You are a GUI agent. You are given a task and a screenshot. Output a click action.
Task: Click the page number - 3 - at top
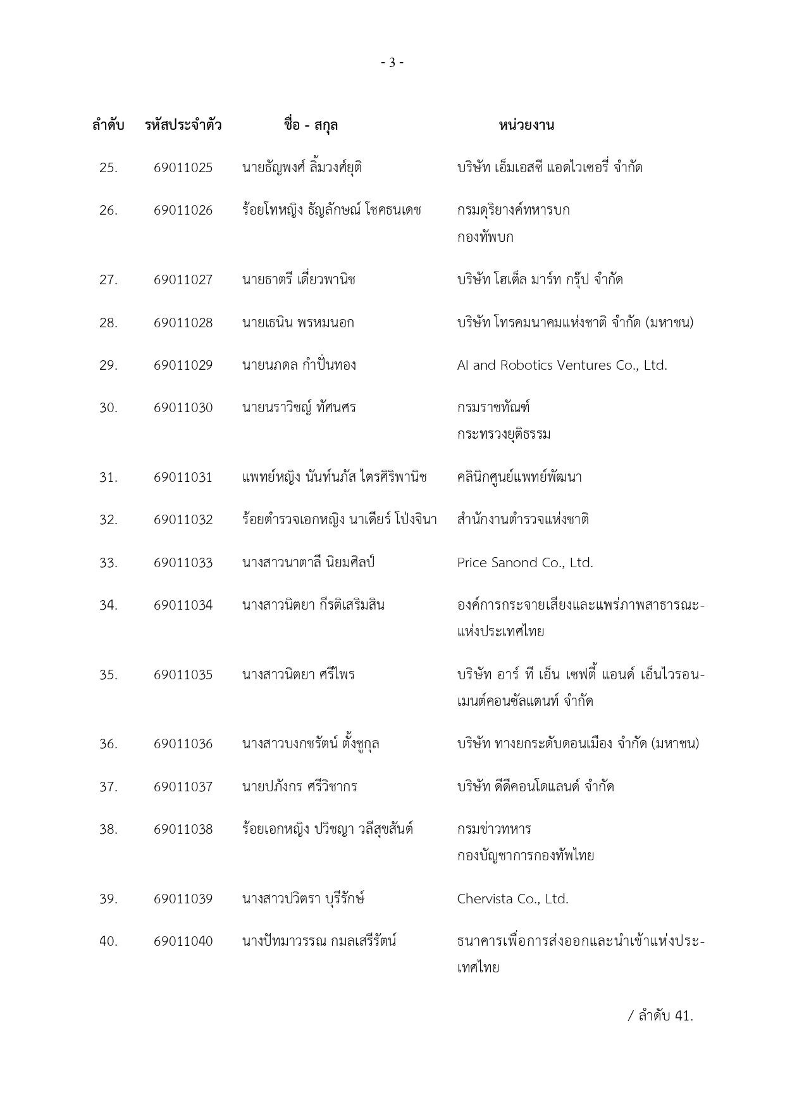pyautogui.click(x=392, y=63)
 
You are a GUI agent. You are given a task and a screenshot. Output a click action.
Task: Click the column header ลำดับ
pyautogui.click(x=108, y=125)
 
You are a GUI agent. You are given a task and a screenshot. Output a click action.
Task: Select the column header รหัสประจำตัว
pyautogui.click(x=183, y=125)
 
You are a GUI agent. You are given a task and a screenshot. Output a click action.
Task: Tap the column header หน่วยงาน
pyautogui.click(x=526, y=125)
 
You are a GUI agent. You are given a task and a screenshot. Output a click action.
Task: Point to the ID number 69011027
pyautogui.click(x=183, y=280)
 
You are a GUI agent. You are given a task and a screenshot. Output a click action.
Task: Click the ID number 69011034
pyautogui.click(x=183, y=605)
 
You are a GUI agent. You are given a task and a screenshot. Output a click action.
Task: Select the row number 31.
pyautogui.click(x=108, y=477)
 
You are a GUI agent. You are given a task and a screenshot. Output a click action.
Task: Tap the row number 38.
pyautogui.click(x=108, y=829)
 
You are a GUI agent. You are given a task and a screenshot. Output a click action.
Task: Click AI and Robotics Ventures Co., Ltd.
pyautogui.click(x=562, y=365)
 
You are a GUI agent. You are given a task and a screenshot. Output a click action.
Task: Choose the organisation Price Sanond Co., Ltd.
pyautogui.click(x=525, y=563)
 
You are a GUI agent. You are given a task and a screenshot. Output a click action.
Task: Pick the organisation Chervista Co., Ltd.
pyautogui.click(x=512, y=899)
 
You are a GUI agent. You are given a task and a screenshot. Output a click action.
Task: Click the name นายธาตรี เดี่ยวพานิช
pyautogui.click(x=299, y=280)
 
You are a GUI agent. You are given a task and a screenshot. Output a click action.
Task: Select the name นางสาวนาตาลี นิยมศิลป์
pyautogui.click(x=308, y=563)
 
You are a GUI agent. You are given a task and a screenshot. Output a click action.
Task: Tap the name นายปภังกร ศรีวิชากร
pyautogui.click(x=299, y=787)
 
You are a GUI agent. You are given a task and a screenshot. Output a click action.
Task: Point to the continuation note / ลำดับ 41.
pyautogui.click(x=660, y=1016)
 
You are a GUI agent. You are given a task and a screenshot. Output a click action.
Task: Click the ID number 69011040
pyautogui.click(x=183, y=941)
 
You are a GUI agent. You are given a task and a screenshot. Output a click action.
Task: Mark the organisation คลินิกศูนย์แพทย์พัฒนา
pyautogui.click(x=519, y=477)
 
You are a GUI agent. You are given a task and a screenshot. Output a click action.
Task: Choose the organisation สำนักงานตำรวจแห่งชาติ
pyautogui.click(x=523, y=520)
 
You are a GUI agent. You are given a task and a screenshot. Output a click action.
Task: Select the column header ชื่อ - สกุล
pyautogui.click(x=311, y=125)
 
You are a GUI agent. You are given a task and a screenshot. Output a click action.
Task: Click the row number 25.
pyautogui.click(x=108, y=168)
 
